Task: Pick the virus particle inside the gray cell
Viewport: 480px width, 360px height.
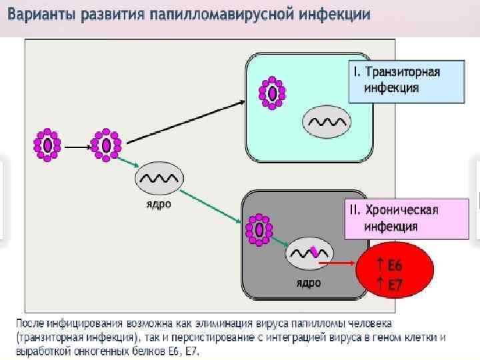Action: pos(258,229)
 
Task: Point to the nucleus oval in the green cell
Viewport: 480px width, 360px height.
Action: pos(327,123)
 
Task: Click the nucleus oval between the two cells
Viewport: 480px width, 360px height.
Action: pos(159,179)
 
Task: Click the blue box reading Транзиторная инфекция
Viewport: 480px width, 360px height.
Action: pos(406,81)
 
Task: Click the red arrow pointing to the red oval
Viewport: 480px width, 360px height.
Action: pos(337,263)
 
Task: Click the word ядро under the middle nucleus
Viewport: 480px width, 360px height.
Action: pos(159,205)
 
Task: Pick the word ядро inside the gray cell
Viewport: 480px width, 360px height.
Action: pos(309,283)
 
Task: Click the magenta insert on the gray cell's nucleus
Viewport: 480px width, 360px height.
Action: pos(314,252)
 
